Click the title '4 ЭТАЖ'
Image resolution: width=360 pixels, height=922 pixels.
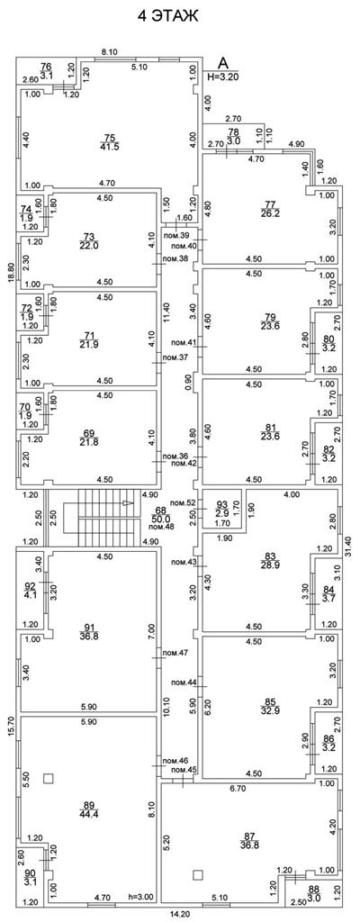pos(168,16)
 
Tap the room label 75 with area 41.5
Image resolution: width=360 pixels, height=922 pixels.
pos(109,141)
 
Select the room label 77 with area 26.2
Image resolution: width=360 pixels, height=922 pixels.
pos(271,209)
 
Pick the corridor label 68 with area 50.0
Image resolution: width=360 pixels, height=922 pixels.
pos(160,514)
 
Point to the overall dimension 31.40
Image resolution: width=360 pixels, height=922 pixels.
pos(347,547)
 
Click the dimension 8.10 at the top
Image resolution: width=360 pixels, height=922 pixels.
pos(110,51)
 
